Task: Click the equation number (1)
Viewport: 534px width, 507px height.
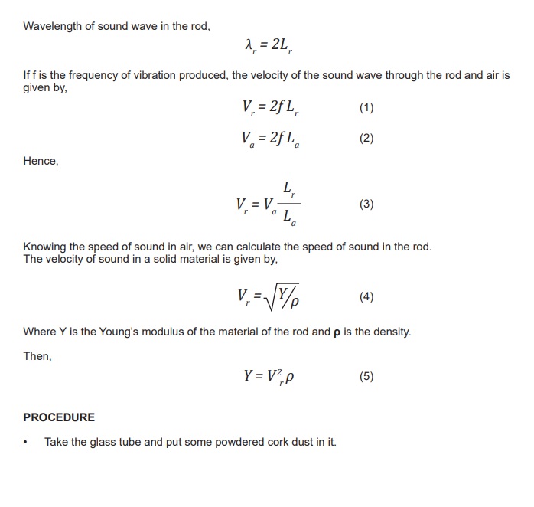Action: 366,107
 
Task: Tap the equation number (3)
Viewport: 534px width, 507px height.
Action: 366,204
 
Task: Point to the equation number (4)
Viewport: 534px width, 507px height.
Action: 366,296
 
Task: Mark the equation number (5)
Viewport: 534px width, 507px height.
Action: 366,376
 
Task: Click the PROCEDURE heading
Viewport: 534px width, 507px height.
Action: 59,417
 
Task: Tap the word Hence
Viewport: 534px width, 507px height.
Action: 41,162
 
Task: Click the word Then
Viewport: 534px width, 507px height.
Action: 37,356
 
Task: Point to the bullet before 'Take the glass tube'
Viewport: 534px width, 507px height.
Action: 26,443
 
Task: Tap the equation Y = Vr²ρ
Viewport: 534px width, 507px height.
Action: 271,377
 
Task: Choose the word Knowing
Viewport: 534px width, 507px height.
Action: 46,247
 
